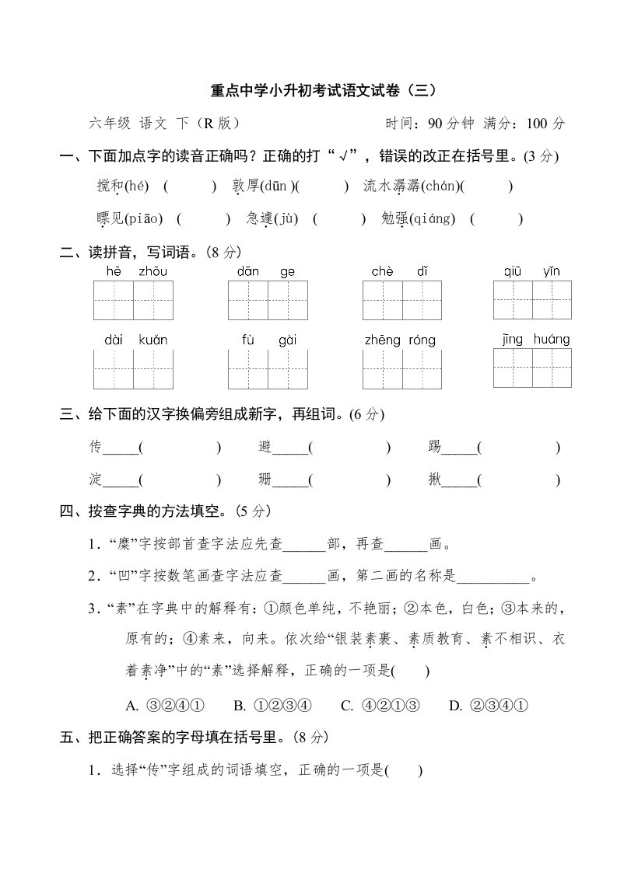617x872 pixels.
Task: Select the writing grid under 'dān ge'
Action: pos(267,301)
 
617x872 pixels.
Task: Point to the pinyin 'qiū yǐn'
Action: pos(531,271)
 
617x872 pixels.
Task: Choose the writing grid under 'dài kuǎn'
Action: pos(133,368)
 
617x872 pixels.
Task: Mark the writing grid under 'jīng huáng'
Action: pos(532,367)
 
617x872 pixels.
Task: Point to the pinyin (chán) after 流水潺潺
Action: pos(440,187)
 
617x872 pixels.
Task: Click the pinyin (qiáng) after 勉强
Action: pos(432,219)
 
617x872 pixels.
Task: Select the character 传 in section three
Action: pos(96,447)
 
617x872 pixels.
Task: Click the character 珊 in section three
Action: pos(265,480)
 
